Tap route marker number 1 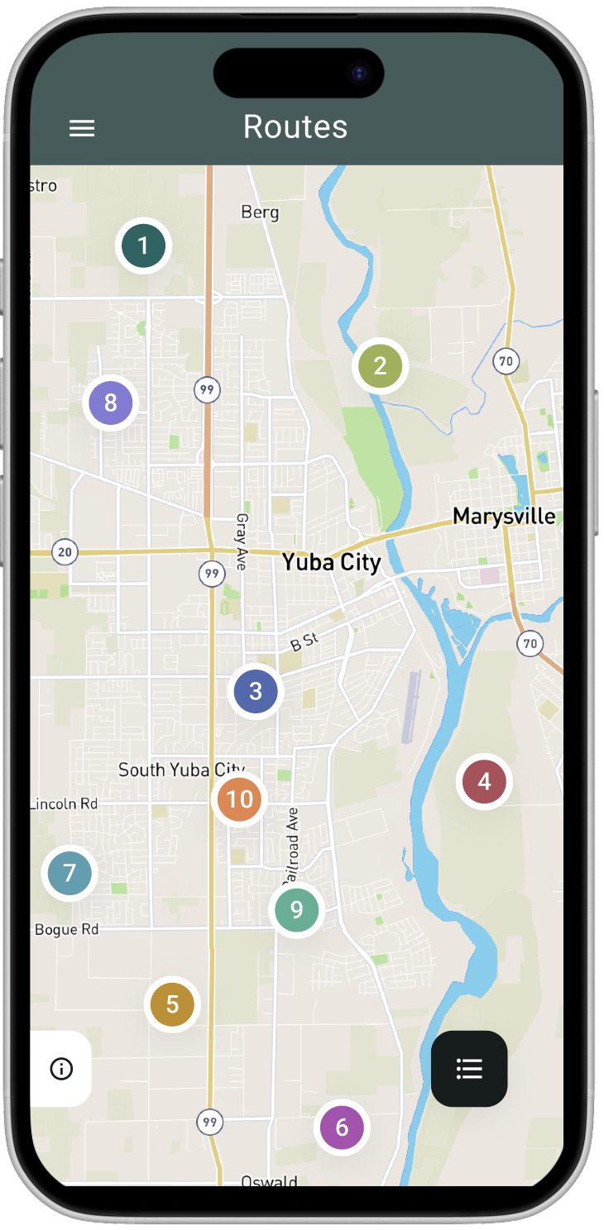[143, 246]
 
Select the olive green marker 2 [380, 365]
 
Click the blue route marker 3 [256, 691]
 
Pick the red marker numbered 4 [484, 781]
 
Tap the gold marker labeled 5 [172, 1004]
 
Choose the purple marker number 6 [342, 1127]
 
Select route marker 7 [70, 873]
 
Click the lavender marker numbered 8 [111, 403]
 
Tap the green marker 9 [296, 910]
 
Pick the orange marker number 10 [239, 799]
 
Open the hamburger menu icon [82, 128]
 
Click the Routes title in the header [295, 126]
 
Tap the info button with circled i [61, 1069]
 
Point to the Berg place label [260, 212]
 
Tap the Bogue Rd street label [67, 929]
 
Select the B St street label [304, 641]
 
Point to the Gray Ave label [242, 541]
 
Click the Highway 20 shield [65, 553]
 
